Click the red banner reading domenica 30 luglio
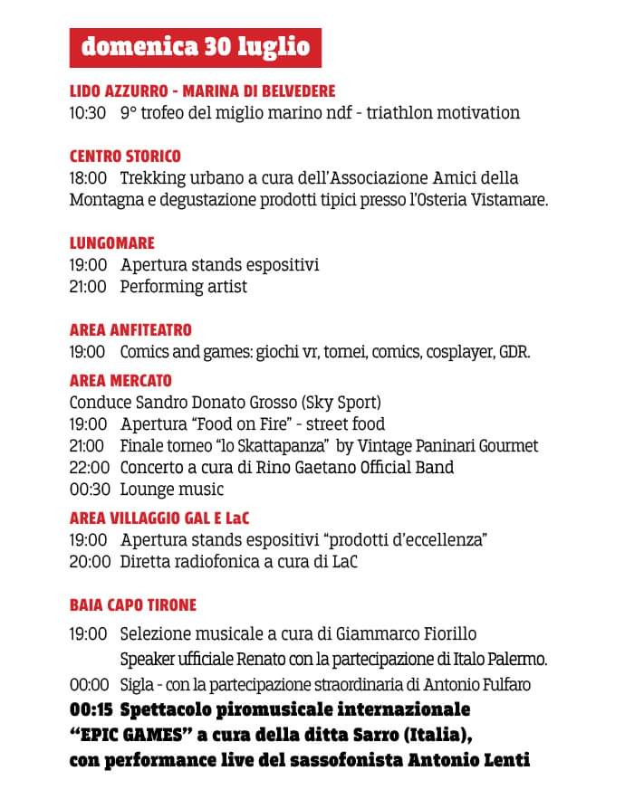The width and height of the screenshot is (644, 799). (x=196, y=46)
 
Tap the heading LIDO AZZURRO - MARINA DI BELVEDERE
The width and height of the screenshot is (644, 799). (x=202, y=91)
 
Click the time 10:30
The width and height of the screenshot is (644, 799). (x=88, y=113)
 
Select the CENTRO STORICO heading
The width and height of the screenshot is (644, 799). (x=125, y=157)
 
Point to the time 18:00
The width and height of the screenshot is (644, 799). (x=88, y=178)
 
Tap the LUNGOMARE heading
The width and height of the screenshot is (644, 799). (x=112, y=243)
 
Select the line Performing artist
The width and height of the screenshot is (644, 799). (x=184, y=287)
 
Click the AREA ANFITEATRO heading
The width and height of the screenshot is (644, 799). (x=130, y=330)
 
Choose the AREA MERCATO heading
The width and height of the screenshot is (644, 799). (x=120, y=381)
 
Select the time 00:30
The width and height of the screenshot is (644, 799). (x=88, y=490)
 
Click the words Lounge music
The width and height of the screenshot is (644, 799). (x=171, y=490)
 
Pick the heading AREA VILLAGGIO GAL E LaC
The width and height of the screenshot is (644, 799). (x=159, y=518)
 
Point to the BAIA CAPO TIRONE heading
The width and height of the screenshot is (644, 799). (x=133, y=605)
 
